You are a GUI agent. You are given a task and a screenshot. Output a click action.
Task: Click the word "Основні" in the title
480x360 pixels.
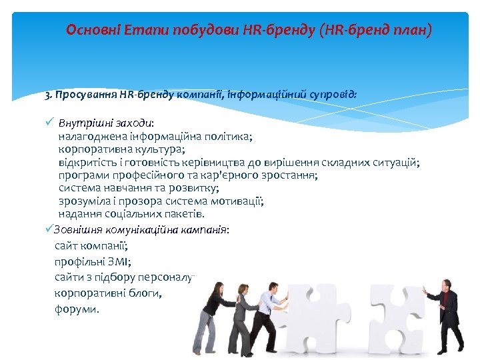coord(87,30)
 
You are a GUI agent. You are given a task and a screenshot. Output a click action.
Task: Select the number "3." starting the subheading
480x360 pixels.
coord(49,95)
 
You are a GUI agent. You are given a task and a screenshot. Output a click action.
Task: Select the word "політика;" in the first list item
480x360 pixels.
coord(229,136)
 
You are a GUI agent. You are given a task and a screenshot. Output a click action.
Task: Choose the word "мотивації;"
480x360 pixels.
coord(237,201)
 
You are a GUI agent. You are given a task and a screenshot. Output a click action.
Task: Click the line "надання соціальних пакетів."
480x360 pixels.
coord(131,214)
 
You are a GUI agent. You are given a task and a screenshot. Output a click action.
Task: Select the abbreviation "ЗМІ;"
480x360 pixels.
coord(116,261)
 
